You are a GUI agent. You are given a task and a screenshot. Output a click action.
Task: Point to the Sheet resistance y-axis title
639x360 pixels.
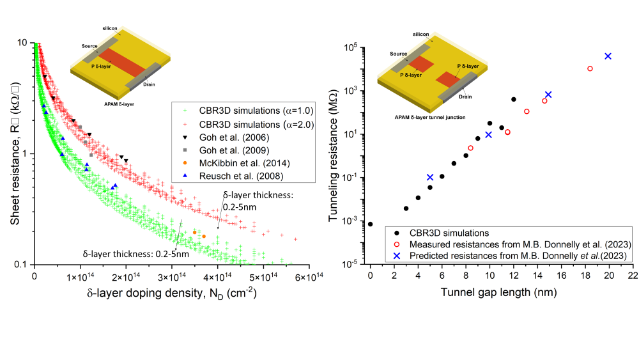(15, 153)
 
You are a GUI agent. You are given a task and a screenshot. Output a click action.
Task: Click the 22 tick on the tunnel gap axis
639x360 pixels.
(633, 276)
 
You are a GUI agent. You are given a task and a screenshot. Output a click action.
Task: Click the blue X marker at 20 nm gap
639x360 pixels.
(608, 56)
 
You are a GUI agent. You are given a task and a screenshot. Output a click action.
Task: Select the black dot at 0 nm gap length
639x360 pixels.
(371, 224)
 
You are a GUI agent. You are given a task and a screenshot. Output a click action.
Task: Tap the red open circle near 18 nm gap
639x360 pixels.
(590, 68)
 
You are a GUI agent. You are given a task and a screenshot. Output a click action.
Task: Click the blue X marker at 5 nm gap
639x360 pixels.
(430, 177)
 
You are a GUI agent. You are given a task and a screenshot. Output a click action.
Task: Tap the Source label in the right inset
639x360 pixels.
(399, 54)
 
